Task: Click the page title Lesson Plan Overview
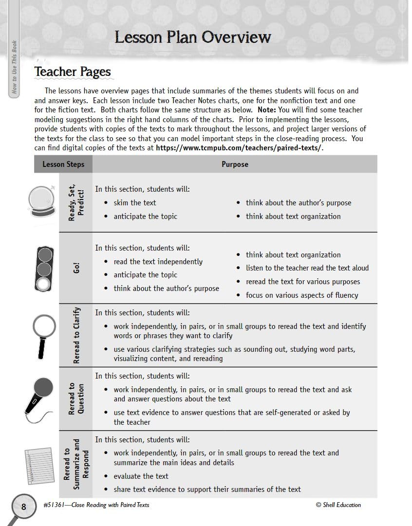(192, 37)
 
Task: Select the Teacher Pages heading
(73, 72)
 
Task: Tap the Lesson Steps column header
(63, 164)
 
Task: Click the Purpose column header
(235, 164)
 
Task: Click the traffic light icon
(44, 268)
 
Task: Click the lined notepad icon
(38, 465)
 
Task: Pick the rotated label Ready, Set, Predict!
(76, 202)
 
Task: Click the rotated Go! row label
(76, 268)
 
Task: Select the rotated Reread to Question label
(76, 399)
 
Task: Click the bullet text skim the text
(135, 203)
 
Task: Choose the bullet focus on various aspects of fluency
(301, 295)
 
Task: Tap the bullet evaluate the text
(141, 476)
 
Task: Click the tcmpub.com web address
(239, 148)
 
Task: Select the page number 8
(23, 507)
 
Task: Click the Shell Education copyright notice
(338, 505)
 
